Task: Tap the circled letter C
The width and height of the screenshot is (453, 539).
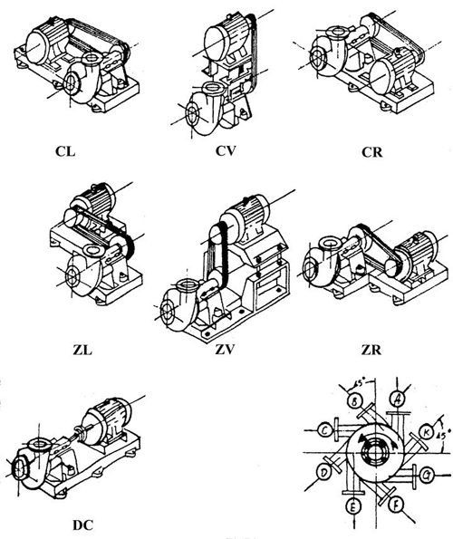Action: pyautogui.click(x=323, y=429)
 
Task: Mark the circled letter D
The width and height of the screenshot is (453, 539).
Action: pyautogui.click(x=323, y=471)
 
